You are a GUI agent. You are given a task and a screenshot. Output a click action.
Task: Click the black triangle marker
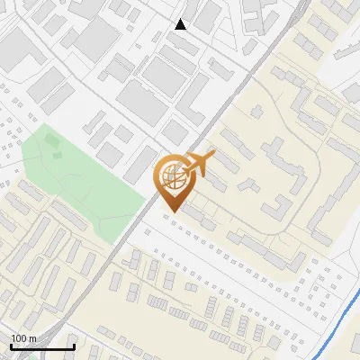tap(181, 24)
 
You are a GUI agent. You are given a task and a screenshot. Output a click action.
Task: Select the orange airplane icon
tap(199, 164)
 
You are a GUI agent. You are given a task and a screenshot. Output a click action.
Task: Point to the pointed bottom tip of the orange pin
tap(171, 211)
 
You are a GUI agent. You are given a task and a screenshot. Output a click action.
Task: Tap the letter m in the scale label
tap(32, 338)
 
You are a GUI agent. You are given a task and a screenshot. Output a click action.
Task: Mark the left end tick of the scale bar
tap(11, 345)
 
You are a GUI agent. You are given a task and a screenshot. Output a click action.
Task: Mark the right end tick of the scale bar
tap(74, 345)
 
